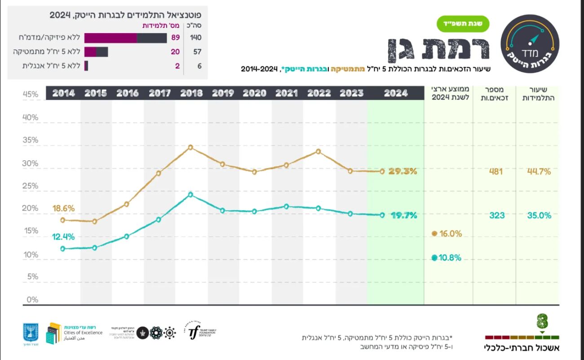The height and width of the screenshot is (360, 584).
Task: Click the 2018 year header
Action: coord(191,93)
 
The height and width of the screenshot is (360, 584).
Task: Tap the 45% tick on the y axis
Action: coord(31,94)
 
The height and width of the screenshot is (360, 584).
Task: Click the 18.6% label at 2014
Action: coord(63,209)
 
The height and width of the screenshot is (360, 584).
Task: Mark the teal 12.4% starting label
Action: coord(63,237)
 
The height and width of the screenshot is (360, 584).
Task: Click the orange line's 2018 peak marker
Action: coord(190,147)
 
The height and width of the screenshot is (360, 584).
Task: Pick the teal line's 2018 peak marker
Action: coord(190,194)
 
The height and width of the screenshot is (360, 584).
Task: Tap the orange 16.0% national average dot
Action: coord(434,233)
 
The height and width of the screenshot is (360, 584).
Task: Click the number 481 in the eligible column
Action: coord(496,171)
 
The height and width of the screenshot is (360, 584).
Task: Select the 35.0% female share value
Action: coord(539,215)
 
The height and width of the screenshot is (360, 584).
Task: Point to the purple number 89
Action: coord(175,38)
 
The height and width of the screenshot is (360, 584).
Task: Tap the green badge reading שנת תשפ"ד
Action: coord(462,24)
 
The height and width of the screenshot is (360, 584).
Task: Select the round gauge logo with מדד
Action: coord(530,44)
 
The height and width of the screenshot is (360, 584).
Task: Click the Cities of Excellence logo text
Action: coord(87,333)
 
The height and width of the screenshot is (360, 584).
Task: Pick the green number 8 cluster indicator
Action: coord(542,322)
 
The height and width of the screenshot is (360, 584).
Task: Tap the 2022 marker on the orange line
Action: coord(318,151)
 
